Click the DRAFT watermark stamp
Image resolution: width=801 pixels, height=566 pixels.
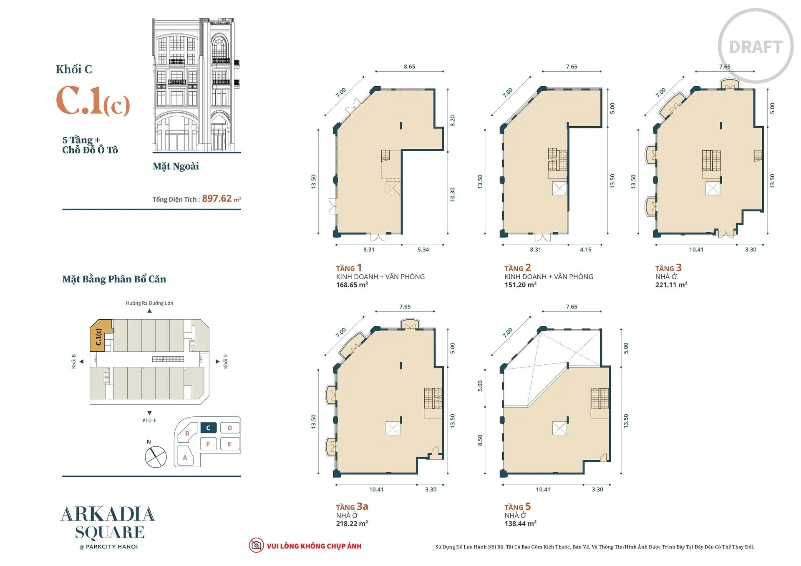[x=756, y=46]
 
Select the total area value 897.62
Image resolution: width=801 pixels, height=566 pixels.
[x=217, y=198]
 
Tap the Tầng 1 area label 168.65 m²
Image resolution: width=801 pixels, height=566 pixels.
[x=352, y=285]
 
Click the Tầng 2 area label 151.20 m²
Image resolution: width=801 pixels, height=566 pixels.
[x=520, y=285]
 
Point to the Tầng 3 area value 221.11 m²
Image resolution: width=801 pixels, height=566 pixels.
[x=671, y=285]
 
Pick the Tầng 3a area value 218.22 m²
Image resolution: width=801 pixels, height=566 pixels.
[x=352, y=523]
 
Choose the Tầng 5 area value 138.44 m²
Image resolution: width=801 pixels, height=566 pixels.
[x=520, y=523]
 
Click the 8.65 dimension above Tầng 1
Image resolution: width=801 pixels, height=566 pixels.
[x=409, y=67]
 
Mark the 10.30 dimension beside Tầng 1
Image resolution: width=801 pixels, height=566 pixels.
[x=453, y=194]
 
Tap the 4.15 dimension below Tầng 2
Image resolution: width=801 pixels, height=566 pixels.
[x=585, y=250]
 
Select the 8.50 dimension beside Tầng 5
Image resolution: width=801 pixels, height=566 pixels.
[x=480, y=440]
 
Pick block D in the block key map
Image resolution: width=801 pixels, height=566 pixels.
[x=229, y=428]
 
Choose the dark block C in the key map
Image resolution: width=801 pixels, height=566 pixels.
[x=208, y=428]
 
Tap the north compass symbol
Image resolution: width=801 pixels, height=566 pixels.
[x=156, y=456]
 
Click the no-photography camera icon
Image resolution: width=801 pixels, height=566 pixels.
[x=256, y=545]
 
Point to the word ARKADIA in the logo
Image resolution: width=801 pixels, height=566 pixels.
[x=108, y=515]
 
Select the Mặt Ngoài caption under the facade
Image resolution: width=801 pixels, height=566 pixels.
[x=176, y=166]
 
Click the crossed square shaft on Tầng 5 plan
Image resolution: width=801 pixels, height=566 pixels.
[x=559, y=428]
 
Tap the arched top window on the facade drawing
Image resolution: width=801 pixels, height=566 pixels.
[x=220, y=47]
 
